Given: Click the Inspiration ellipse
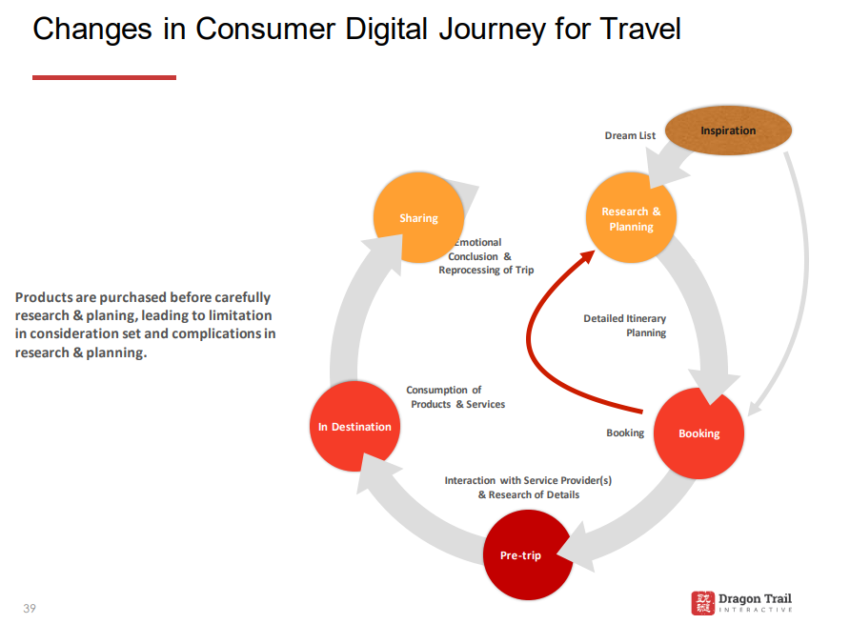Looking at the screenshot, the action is pos(728,131).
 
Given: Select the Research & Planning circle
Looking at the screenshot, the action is pos(631,218).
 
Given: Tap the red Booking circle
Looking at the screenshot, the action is pos(698,433).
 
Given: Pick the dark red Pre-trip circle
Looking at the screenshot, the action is pos(528,554).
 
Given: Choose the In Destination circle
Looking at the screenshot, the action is pos(354,426).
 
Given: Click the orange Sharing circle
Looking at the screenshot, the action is pos(418,217).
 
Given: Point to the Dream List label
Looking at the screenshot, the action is pos(630,135).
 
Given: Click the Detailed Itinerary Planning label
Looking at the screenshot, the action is pos(624,325).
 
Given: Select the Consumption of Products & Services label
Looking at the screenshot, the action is pos(455,397).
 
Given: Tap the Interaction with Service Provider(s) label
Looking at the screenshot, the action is pos(528,480).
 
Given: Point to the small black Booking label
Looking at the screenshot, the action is pos(625,433).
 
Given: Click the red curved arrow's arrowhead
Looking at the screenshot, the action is pos(588,256).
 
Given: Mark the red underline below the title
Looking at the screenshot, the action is pos(104,77).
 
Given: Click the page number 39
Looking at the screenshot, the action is pos(30,608).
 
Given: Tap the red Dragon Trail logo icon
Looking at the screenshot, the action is pos(702,603).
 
